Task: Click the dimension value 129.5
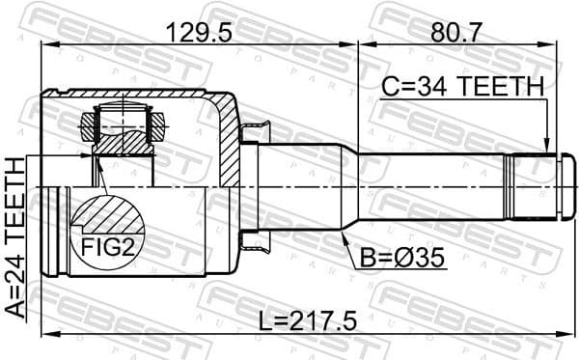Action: tap(199, 33)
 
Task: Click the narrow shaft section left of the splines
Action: tap(434, 187)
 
